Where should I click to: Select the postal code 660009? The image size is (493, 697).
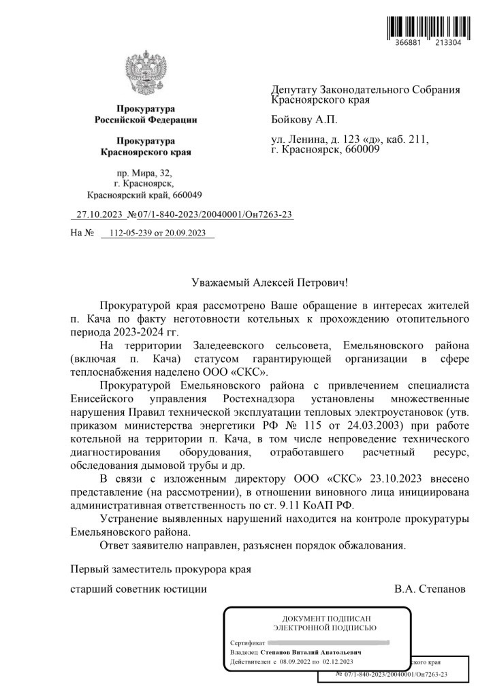tap(362, 149)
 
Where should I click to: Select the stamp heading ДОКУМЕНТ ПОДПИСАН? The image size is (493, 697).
tap(317, 618)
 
